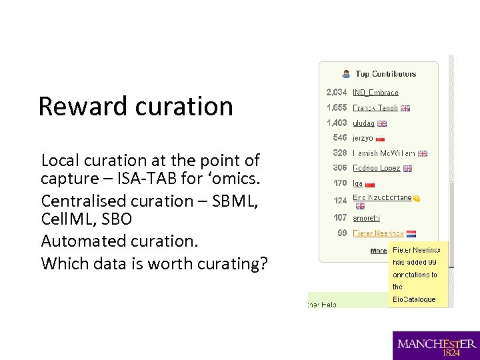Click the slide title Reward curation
(135, 106)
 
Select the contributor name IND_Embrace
(375, 93)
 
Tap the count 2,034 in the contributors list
(337, 93)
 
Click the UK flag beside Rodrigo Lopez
(407, 169)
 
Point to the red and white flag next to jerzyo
(381, 139)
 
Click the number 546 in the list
(339, 138)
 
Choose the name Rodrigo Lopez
(376, 169)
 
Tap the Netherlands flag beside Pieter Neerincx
(411, 234)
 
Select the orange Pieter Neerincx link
(378, 233)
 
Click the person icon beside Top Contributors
(346, 74)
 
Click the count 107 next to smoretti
(339, 217)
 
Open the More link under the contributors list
(379, 251)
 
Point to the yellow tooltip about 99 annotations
(419, 274)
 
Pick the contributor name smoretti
(367, 217)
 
